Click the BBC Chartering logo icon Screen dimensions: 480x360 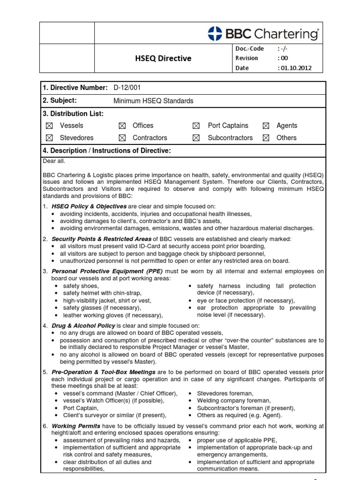(x=215, y=33)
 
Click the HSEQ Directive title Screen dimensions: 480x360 (x=163, y=59)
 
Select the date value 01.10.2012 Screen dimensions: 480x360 (x=294, y=68)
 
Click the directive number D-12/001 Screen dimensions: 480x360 (x=127, y=88)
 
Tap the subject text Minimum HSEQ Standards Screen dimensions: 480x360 (x=153, y=101)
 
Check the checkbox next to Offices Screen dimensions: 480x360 (x=122, y=126)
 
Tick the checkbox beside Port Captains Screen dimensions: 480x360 (x=196, y=126)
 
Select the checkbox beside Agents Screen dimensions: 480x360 (x=266, y=126)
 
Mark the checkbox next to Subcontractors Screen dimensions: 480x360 (x=196, y=138)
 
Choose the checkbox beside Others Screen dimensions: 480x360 (x=266, y=138)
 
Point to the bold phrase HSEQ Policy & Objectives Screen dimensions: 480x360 (x=89, y=206)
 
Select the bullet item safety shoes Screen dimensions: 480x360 (x=81, y=286)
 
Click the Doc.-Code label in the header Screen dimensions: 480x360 (x=249, y=49)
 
